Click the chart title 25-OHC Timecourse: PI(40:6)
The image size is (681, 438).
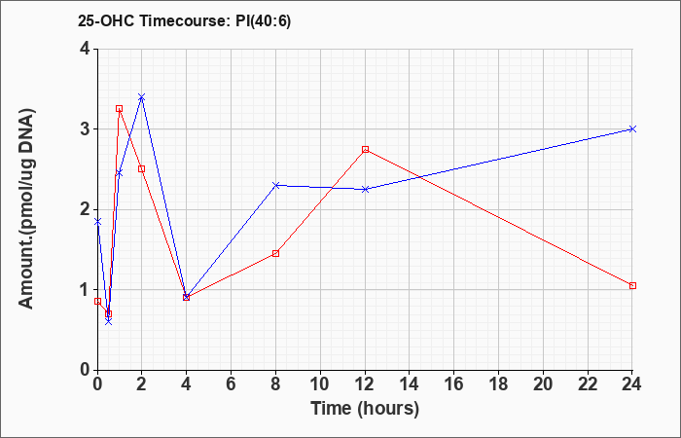click(x=184, y=20)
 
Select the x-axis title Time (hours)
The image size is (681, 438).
click(x=365, y=409)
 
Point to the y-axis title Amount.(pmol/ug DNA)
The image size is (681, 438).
click(x=27, y=209)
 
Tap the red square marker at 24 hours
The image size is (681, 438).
click(x=632, y=285)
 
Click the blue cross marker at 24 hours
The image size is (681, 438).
click(x=632, y=129)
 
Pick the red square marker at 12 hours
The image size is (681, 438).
click(x=365, y=150)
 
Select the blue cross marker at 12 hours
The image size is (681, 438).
click(x=365, y=189)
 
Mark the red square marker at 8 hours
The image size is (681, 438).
click(x=275, y=253)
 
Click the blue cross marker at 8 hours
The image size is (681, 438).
click(x=275, y=185)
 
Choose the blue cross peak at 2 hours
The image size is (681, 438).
click(x=142, y=97)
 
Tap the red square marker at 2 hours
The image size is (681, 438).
click(x=142, y=169)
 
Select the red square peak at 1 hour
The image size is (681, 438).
click(x=119, y=109)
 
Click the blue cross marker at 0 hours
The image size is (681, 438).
click(x=97, y=222)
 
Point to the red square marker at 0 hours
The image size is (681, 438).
click(x=97, y=301)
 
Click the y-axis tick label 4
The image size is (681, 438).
click(x=85, y=49)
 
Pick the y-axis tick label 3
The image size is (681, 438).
click(x=85, y=129)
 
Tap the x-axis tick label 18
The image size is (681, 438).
click(x=498, y=384)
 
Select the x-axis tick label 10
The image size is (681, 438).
click(x=320, y=384)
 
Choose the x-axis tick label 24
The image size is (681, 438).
click(x=632, y=384)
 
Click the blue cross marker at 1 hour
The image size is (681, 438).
click(x=119, y=173)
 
